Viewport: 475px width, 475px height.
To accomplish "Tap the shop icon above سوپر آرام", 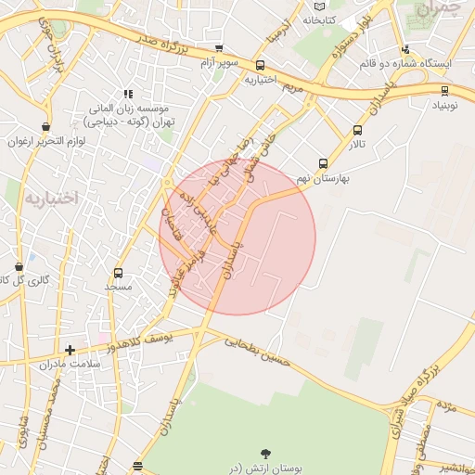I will coord(219,48).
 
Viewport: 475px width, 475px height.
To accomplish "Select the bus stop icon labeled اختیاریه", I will coord(261,66).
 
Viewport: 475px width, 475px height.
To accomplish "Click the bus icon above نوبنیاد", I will coord(445,91).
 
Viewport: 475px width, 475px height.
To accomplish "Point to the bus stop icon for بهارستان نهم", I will coord(323,163).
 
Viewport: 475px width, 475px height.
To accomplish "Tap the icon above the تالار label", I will coord(358,131).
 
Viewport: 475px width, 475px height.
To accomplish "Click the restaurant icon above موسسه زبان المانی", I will coord(128,94).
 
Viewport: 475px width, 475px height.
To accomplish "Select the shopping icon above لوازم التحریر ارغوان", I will coord(46,127).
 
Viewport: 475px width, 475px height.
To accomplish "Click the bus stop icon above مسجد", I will coord(118,273).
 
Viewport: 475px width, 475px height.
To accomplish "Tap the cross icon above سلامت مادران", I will coord(70,350).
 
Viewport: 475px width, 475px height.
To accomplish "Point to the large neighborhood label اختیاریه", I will coord(54,198).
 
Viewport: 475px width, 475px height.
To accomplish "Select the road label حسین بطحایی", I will coord(258,350).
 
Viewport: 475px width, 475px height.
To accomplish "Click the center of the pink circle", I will coord(237,237).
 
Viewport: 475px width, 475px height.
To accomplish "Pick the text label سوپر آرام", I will coord(219,63).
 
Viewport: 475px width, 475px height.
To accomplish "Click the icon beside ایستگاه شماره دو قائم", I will coord(405,51).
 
